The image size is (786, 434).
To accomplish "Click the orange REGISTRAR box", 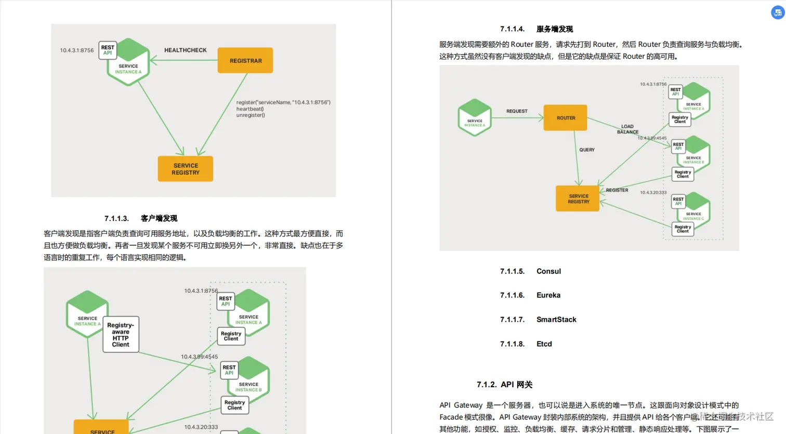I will (x=245, y=61).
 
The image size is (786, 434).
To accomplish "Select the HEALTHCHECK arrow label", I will (x=186, y=50).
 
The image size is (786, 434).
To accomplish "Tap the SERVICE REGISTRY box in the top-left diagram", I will (x=186, y=169).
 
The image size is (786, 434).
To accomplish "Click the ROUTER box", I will (x=566, y=118).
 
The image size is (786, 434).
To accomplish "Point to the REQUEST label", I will (x=517, y=111).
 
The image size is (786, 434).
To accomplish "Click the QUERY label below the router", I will (x=587, y=150).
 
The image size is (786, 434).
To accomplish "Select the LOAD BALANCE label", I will (x=627, y=129).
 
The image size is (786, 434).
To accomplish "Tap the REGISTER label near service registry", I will (x=617, y=190).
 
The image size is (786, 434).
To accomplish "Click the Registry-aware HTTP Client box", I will (x=121, y=335).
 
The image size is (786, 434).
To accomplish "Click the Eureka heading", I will (x=548, y=295).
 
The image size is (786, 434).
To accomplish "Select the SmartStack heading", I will (x=556, y=320).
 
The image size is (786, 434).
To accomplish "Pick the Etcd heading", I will (x=544, y=344).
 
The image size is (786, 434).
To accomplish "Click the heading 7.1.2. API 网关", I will (x=505, y=385).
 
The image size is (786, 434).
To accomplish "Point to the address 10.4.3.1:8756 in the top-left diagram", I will (x=77, y=50).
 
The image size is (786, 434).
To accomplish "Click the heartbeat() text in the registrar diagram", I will (x=250, y=109).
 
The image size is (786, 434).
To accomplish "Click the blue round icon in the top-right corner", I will (x=778, y=12).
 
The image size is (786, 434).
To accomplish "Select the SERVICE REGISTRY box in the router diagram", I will (x=578, y=199).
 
